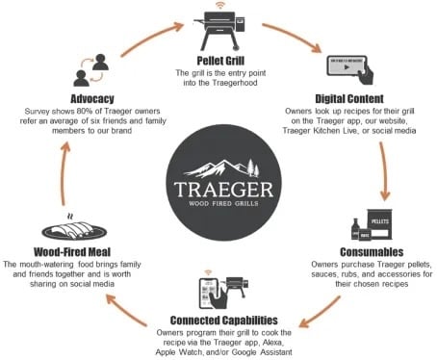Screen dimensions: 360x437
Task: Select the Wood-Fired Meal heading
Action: click(x=59, y=253)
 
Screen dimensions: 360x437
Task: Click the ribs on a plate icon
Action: click(x=61, y=229)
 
